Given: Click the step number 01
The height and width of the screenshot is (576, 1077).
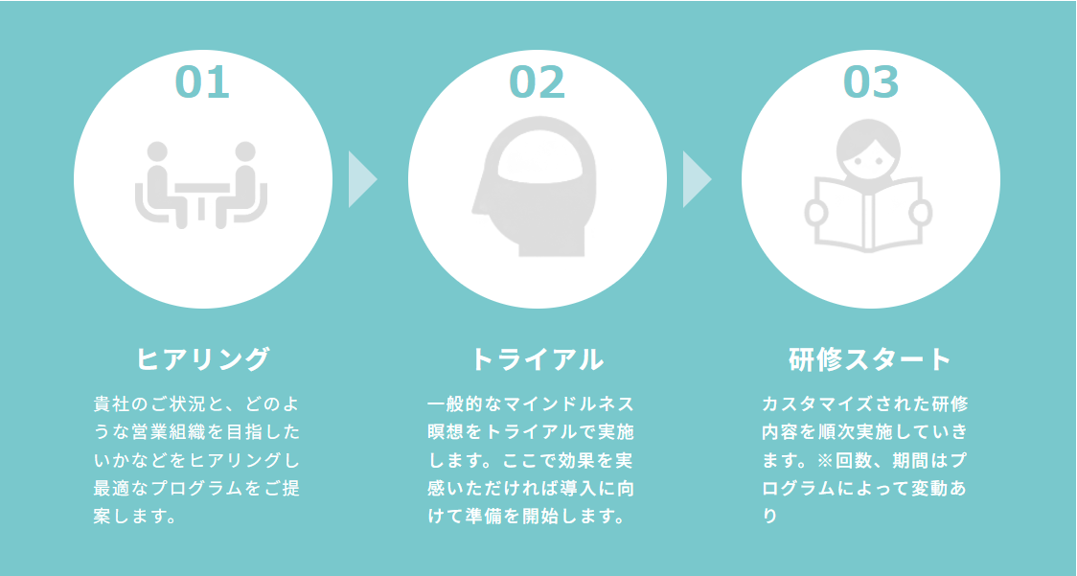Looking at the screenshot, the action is (202, 82).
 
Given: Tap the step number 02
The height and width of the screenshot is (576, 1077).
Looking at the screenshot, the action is (537, 82).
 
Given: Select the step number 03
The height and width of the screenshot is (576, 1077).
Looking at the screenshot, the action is (871, 82).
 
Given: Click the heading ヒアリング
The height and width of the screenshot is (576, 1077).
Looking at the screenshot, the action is (203, 359).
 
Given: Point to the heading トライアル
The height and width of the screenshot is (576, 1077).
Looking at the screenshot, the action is (538, 359).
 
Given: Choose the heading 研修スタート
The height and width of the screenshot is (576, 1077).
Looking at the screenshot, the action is (871, 359).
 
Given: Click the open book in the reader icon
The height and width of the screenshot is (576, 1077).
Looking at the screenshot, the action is (870, 213).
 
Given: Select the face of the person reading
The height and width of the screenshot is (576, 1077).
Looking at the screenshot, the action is (870, 149).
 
